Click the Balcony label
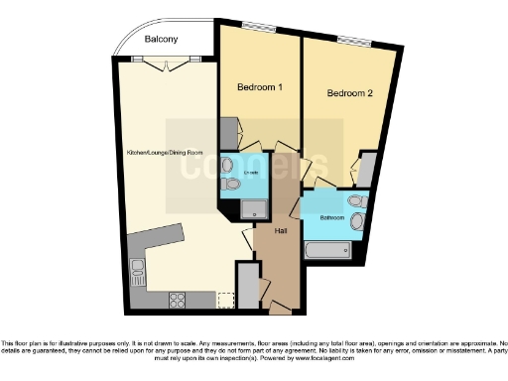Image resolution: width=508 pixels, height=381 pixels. click(160, 40)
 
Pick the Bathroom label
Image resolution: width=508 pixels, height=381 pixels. click(332, 217)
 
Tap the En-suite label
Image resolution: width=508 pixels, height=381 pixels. click(251, 174)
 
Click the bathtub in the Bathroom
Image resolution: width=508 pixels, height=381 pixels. click(328, 247)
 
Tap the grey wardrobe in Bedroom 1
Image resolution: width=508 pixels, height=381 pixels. click(228, 130)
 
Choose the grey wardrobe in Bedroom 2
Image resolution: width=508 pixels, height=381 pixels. click(367, 168)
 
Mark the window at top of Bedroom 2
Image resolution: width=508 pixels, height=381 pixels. click(352, 41)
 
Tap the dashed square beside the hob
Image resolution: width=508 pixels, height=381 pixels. click(226, 298)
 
